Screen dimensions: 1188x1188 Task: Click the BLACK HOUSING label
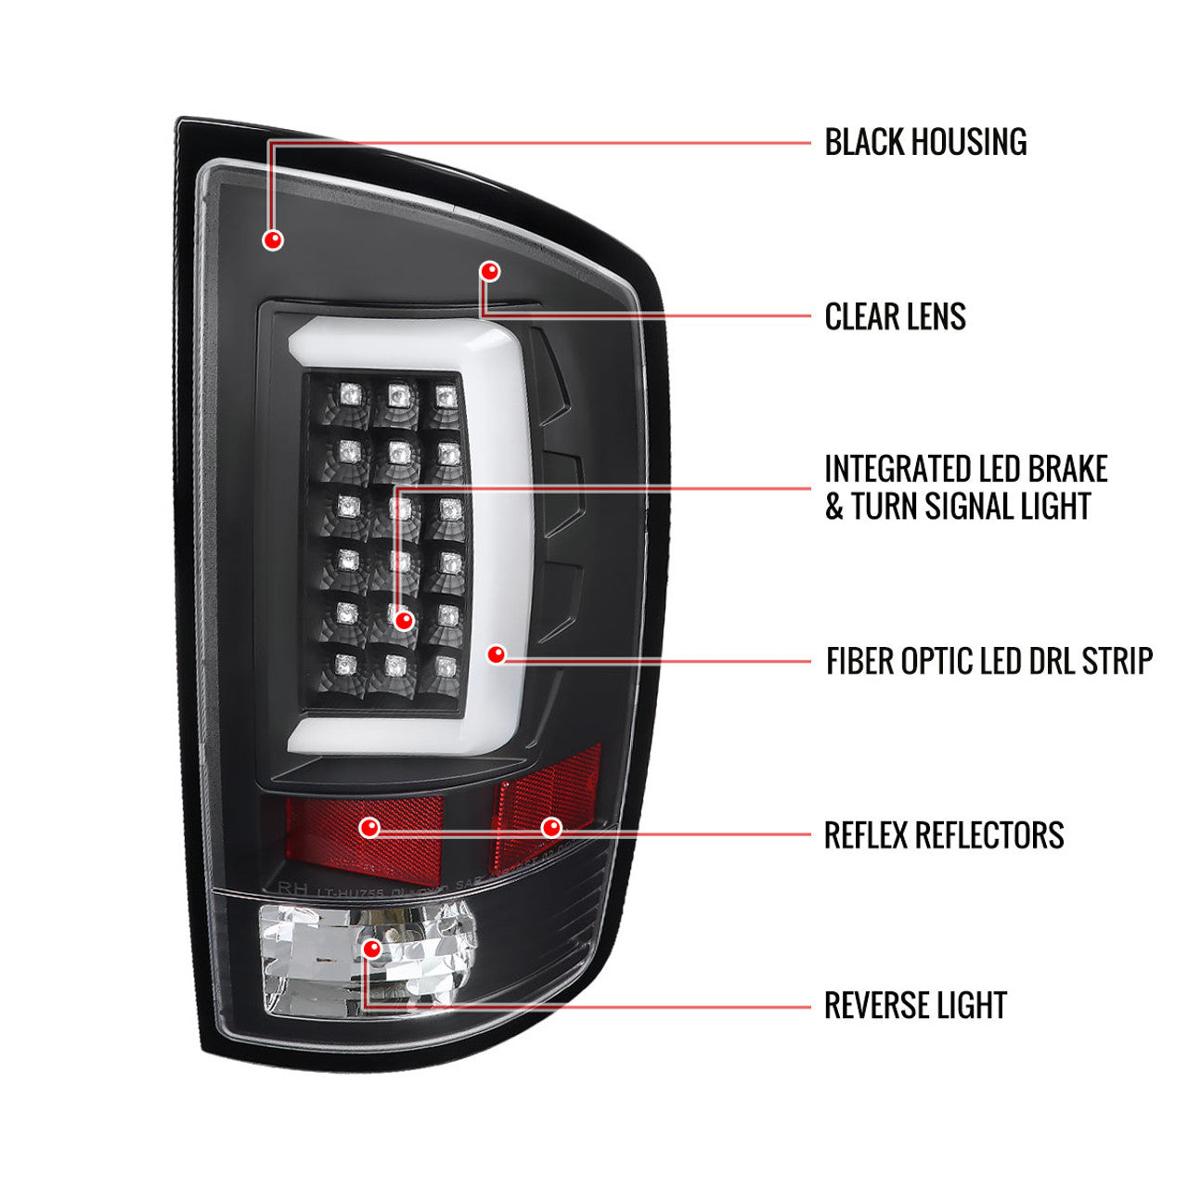[x=925, y=142]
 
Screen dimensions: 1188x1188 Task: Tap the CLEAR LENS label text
[x=895, y=316]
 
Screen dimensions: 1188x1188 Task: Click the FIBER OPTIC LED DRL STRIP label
[x=988, y=661]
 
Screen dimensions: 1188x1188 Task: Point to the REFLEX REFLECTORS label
[x=944, y=834]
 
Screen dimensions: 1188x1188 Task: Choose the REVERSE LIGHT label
[x=915, y=1005]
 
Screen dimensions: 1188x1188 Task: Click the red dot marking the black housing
[x=273, y=240]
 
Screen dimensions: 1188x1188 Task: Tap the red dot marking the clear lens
[x=490, y=271]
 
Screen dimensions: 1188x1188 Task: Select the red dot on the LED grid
[x=403, y=620]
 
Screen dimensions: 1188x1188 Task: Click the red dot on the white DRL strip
[x=497, y=654]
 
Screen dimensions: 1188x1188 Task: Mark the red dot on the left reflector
[x=369, y=827]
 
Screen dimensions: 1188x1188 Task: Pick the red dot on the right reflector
[x=551, y=826]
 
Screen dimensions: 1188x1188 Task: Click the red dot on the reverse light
[x=372, y=949]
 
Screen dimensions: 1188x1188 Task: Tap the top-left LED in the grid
[x=350, y=392]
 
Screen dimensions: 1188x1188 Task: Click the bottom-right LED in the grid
[x=446, y=665]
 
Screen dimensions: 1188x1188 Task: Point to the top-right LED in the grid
[x=446, y=395]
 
